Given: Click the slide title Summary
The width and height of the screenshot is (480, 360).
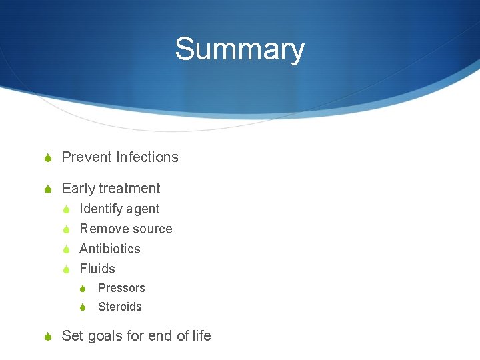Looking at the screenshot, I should [239, 50].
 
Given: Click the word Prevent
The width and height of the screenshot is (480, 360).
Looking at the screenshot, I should [87, 157].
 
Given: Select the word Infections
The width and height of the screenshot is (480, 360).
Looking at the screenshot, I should [147, 157].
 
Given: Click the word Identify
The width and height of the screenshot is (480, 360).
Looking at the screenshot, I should [101, 209].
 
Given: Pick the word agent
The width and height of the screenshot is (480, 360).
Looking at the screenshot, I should [143, 210].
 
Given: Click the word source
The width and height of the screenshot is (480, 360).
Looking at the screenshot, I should [151, 229].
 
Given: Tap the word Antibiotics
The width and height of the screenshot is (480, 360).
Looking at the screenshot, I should [110, 249].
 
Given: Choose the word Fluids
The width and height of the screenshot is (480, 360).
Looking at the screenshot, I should [97, 269].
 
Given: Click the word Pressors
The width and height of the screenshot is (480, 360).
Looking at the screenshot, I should [121, 288].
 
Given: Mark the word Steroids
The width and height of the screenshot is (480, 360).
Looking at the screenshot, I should [120, 307].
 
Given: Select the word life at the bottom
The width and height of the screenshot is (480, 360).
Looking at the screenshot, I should [201, 335].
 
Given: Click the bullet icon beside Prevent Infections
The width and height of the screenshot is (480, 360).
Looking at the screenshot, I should [48, 158].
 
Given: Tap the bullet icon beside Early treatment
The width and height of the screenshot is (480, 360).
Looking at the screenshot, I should [48, 189].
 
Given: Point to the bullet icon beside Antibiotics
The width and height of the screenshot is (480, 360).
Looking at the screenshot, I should [67, 249].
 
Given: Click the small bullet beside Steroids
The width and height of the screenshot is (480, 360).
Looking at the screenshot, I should [83, 307].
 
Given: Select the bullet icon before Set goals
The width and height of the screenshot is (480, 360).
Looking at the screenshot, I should [48, 337].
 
